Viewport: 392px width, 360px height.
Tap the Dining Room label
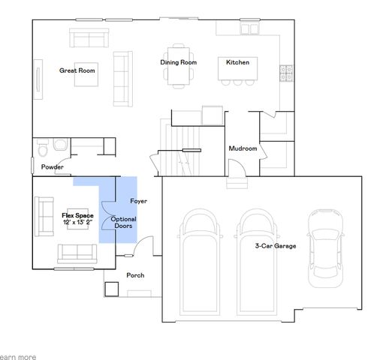(x=178, y=62)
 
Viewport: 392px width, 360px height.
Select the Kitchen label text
(x=237, y=62)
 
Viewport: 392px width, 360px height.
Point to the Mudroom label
(x=243, y=148)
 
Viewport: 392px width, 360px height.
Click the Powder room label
(x=52, y=166)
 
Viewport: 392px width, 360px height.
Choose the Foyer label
(x=138, y=201)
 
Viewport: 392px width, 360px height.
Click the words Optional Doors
(x=124, y=222)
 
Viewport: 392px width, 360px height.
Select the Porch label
(x=135, y=275)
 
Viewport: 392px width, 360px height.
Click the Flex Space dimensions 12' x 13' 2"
(x=78, y=222)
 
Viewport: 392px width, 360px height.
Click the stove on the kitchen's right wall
(x=285, y=73)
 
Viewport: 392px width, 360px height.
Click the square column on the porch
(x=111, y=288)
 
